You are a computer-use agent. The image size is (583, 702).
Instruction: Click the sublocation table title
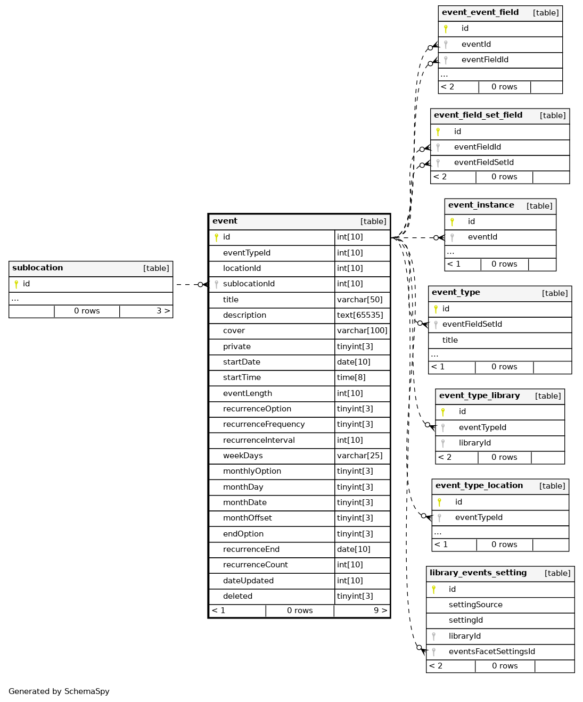[38, 268]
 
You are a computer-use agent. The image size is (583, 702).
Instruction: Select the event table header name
[225, 221]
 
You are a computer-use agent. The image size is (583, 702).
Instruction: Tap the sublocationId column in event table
[249, 284]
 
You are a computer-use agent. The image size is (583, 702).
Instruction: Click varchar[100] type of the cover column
[362, 331]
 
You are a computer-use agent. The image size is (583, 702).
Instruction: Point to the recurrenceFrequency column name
[264, 424]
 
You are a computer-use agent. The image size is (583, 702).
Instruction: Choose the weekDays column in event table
[243, 456]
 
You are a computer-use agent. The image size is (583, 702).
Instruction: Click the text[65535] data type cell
[360, 315]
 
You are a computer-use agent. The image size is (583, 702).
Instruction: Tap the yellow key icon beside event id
[216, 237]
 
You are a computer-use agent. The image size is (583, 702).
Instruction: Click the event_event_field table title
[480, 12]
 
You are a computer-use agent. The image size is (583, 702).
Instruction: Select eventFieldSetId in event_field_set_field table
[483, 162]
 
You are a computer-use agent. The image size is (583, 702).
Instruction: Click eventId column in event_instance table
[482, 237]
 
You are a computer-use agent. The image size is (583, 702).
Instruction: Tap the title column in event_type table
[450, 340]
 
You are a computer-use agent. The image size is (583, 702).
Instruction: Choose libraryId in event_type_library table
[475, 443]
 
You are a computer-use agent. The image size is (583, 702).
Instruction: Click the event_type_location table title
[479, 485]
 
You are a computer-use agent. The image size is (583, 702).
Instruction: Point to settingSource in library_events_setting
[475, 605]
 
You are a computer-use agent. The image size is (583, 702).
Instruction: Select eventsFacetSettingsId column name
[491, 651]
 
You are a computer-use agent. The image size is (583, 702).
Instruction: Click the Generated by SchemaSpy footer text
[59, 691]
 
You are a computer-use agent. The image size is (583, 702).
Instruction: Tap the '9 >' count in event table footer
[380, 610]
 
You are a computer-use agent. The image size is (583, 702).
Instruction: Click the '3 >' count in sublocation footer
[163, 311]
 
